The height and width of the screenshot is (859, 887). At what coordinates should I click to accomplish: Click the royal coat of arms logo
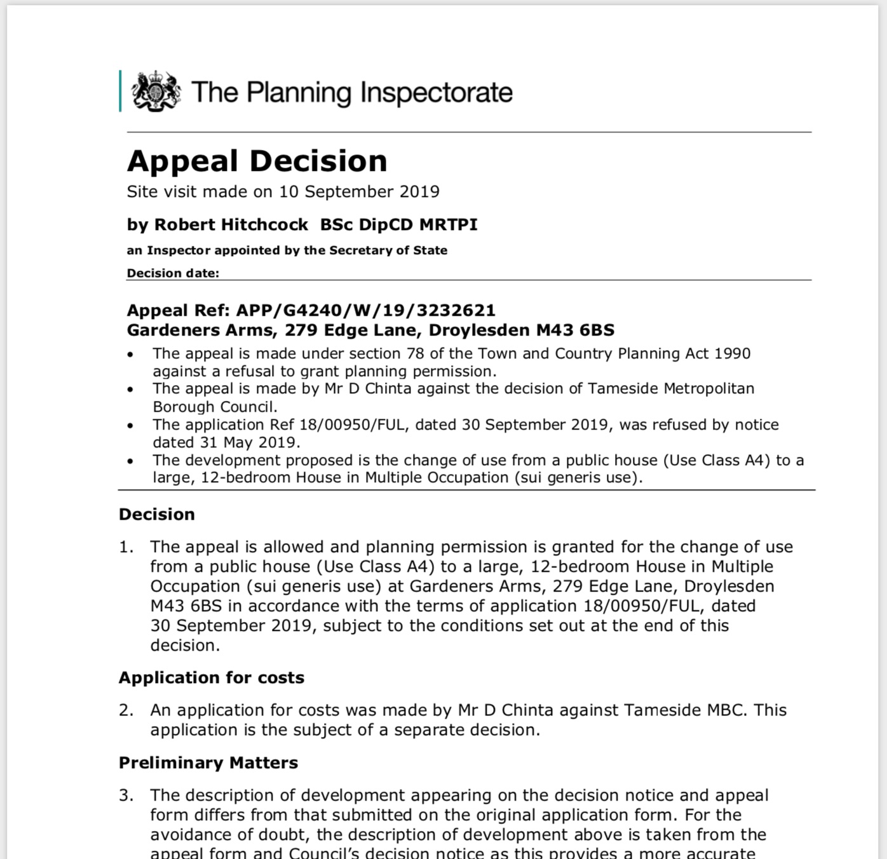(156, 91)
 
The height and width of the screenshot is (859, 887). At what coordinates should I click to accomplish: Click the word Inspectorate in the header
(436, 93)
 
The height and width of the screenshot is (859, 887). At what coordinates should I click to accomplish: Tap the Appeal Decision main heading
(257, 161)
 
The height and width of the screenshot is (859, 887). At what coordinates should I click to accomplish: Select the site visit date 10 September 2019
(359, 192)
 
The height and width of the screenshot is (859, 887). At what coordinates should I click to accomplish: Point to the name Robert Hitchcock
(231, 225)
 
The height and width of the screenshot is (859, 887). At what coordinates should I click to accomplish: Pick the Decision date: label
(173, 273)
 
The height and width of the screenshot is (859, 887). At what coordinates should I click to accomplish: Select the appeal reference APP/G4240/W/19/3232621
(365, 311)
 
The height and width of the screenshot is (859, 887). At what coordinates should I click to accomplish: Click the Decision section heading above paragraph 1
(157, 514)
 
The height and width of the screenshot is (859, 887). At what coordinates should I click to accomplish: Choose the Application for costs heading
(212, 678)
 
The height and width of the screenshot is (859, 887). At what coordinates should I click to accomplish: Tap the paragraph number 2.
(126, 710)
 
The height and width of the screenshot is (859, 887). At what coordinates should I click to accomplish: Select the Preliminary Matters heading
(208, 763)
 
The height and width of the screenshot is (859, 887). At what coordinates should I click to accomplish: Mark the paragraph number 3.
(126, 795)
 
